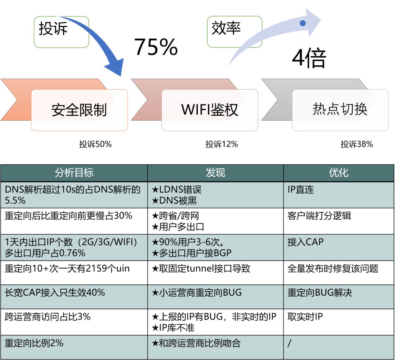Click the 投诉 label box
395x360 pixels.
coord(61,32)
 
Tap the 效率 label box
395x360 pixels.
coord(234,32)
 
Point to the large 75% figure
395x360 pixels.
coord(156,47)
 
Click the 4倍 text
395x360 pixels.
coord(309,58)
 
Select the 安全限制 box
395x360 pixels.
coord(79,110)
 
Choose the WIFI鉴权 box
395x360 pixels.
coord(210,110)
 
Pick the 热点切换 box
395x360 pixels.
coord(340,110)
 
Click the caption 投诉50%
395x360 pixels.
coord(95,144)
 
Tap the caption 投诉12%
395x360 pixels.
coord(222,144)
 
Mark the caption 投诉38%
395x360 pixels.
coord(357,144)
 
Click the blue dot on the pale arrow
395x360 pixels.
coord(302,23)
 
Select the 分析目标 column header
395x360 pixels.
coord(74,173)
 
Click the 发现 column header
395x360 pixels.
coord(215,173)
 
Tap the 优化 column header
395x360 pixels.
coord(339,173)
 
